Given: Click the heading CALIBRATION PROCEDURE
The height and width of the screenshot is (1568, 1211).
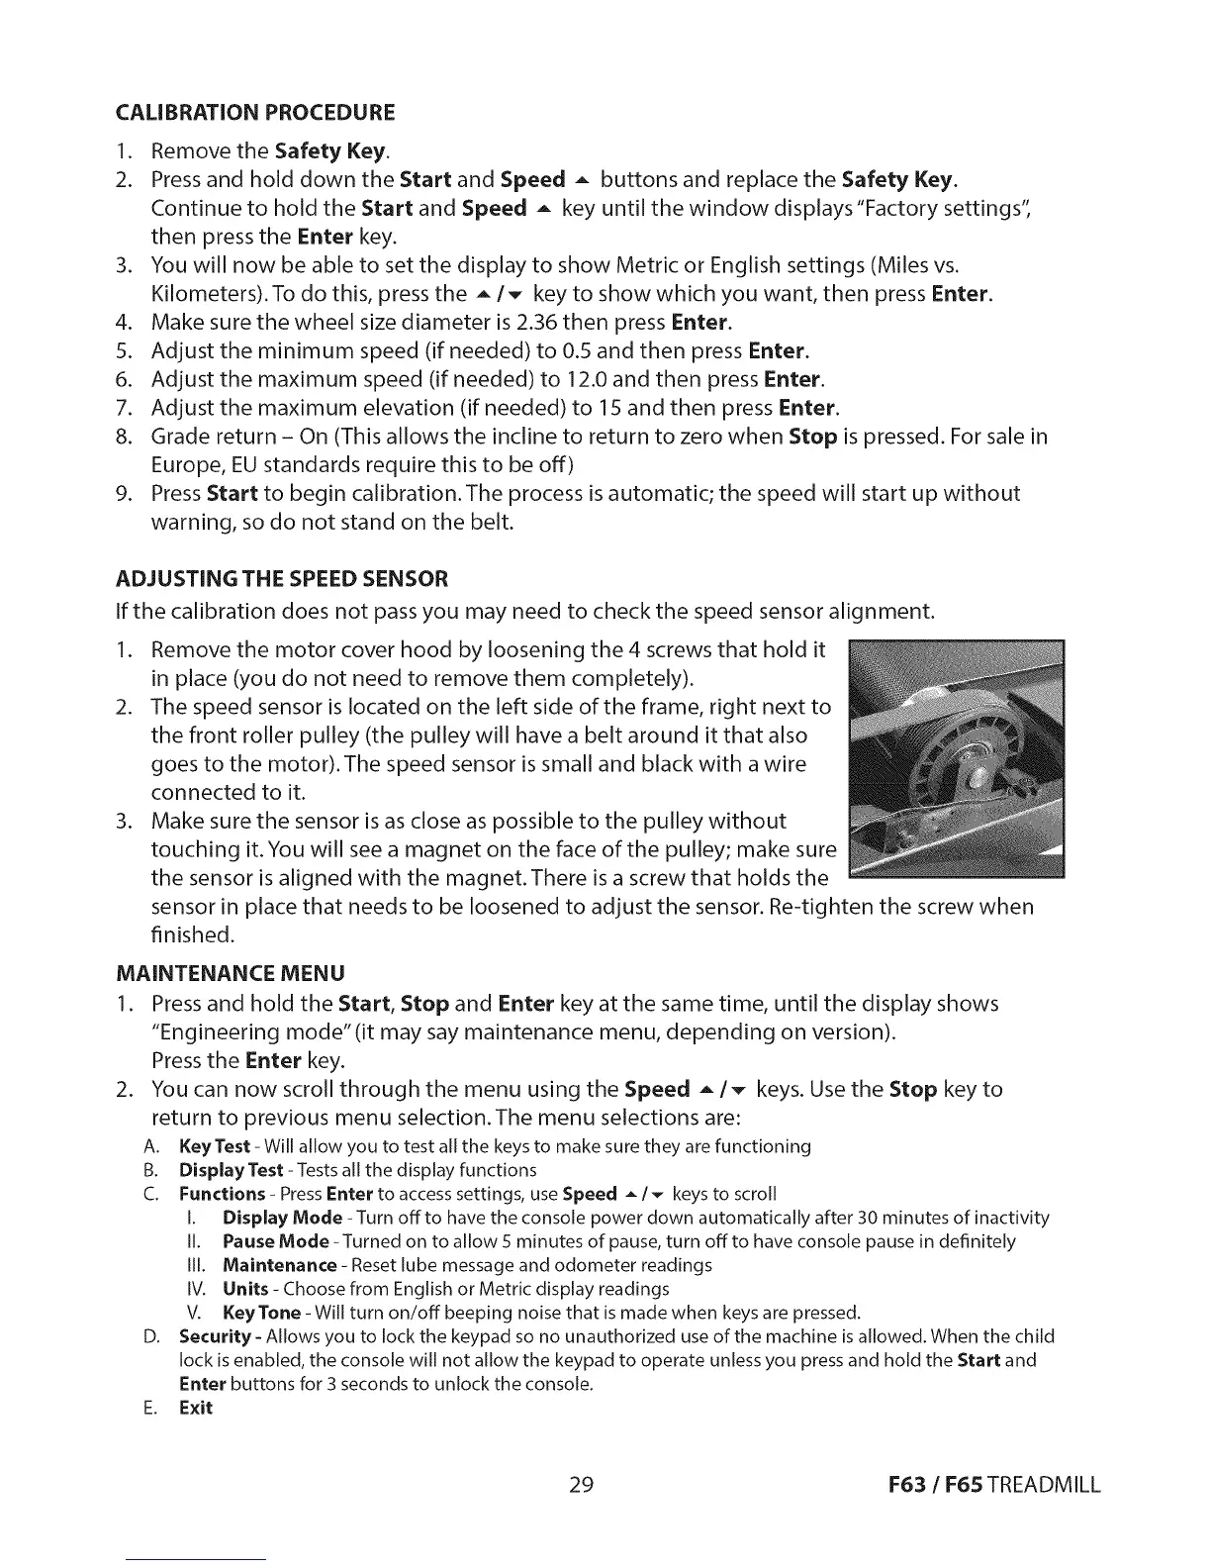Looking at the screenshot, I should tap(256, 111).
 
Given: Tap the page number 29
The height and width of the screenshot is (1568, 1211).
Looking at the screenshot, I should tap(581, 1485).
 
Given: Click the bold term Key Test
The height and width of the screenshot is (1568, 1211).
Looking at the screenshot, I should tap(214, 1146).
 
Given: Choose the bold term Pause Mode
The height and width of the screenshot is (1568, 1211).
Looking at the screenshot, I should tap(276, 1241).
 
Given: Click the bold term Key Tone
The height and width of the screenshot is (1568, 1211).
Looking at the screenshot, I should tap(261, 1313).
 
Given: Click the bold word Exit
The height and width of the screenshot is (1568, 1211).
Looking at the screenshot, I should tap(196, 1408).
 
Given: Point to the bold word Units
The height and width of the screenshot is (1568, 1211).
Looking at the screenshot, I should tap(245, 1289).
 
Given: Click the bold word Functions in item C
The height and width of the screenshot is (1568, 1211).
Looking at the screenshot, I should tap(222, 1194).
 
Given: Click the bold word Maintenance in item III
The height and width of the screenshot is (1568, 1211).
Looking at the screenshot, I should tap(279, 1265).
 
